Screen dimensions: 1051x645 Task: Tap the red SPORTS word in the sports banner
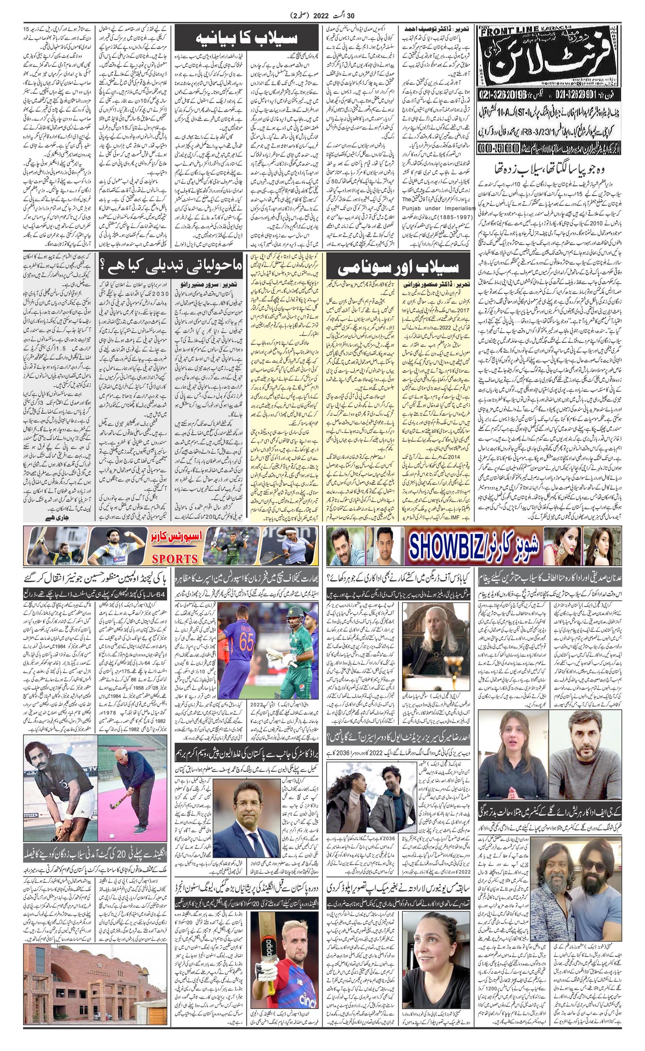(175, 559)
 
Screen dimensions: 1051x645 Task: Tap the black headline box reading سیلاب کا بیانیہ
(246, 38)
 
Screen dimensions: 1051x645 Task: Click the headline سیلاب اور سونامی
(398, 268)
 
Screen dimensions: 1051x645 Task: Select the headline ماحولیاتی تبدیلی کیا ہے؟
(170, 268)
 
